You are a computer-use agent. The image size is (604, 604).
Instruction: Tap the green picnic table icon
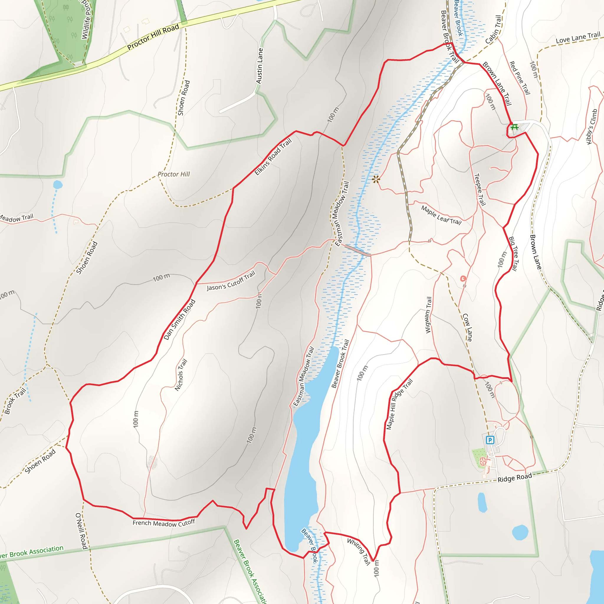[x=514, y=127]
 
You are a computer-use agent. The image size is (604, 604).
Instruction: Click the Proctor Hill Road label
[x=153, y=37]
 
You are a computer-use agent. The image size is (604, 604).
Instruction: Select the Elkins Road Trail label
[x=273, y=156]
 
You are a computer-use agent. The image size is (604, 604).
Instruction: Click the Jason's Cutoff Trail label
[x=231, y=281]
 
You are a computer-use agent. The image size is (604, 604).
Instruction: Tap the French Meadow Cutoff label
[x=163, y=523]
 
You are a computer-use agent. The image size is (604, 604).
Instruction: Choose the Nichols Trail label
[x=181, y=375]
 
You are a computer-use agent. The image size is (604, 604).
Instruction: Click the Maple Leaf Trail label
[x=441, y=215]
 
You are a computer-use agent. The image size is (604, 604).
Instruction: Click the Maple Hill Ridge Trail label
[x=399, y=404]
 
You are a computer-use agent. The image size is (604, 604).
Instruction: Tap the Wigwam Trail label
[x=428, y=315]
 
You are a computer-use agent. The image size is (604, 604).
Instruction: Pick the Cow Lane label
[x=467, y=327]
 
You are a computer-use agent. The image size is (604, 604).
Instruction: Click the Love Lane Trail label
[x=578, y=37]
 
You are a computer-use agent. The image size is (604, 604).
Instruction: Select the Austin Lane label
[x=260, y=66]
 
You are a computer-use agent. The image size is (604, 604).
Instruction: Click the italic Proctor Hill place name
[x=173, y=174]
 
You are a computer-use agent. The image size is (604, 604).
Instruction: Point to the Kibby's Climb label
[x=592, y=127]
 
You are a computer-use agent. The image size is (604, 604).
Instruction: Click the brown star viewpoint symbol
[x=376, y=179]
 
